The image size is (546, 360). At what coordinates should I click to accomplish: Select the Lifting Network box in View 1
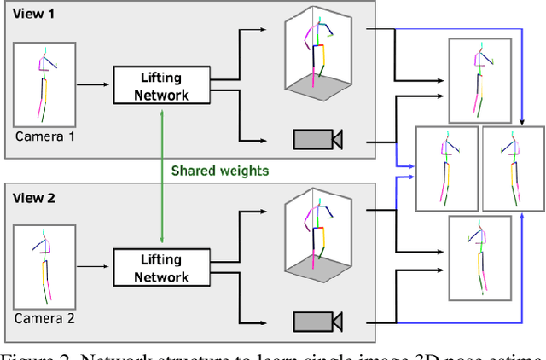[x=150, y=85]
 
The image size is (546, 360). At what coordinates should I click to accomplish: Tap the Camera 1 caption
[x=41, y=136]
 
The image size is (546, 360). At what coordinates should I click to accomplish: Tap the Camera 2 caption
[x=41, y=318]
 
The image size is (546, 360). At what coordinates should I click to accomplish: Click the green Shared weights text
[x=220, y=171]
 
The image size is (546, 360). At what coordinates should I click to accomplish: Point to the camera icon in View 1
[x=317, y=138]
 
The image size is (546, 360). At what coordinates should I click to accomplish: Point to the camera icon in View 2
[x=317, y=321]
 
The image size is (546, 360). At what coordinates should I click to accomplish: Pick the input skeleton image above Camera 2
[x=41, y=267]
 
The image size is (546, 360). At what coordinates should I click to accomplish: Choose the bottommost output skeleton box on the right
[x=479, y=258]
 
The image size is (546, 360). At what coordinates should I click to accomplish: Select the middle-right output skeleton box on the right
[x=513, y=168]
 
